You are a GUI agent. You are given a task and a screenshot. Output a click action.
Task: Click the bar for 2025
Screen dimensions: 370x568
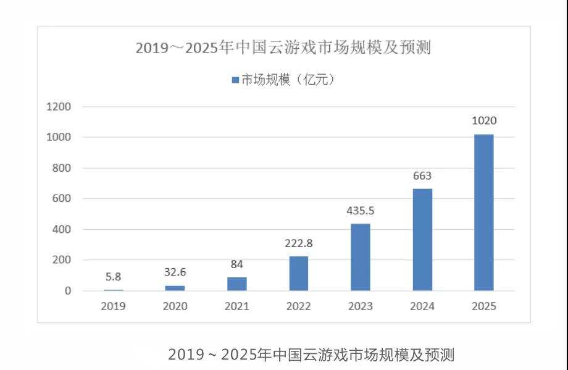point(483,212)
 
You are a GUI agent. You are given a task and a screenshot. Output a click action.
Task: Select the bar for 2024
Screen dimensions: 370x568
point(422,240)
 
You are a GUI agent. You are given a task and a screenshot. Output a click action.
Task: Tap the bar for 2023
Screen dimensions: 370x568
point(361,257)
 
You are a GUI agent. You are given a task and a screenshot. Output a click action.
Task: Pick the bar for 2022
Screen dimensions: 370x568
point(299,274)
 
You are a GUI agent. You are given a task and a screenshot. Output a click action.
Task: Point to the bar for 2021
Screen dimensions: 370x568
point(237,284)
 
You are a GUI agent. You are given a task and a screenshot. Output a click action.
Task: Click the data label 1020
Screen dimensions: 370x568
point(484,121)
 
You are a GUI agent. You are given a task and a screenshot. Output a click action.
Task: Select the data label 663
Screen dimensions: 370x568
point(422,176)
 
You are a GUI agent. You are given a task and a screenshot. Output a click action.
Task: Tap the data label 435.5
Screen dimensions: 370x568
point(361,211)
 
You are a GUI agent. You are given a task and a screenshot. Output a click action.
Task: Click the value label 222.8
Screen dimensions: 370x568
point(299,243)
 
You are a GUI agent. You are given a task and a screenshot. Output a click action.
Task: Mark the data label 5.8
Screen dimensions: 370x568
point(114,277)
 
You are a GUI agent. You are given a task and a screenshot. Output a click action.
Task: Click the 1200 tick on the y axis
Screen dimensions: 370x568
point(59,107)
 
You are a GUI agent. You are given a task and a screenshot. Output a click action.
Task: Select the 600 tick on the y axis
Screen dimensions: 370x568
point(62,199)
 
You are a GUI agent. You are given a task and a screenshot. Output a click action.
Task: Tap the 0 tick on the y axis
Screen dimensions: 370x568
point(68,291)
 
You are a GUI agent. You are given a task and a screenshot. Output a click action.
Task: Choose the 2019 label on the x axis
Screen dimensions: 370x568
point(114,306)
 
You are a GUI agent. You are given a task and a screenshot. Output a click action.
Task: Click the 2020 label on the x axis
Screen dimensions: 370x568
point(175,306)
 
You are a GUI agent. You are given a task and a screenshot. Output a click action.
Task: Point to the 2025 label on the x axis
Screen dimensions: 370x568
point(484,306)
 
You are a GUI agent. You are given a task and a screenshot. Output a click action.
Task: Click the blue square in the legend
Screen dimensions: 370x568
point(235,80)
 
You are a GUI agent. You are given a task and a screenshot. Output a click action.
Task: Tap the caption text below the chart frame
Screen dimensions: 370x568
point(311,355)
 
